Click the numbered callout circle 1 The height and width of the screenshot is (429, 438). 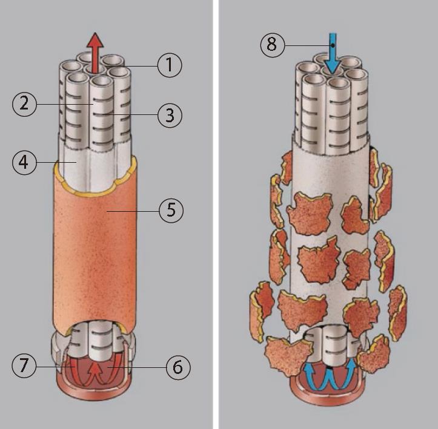[x=170, y=65]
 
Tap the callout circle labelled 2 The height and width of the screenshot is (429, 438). [x=24, y=104]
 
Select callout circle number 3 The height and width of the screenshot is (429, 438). [x=170, y=115]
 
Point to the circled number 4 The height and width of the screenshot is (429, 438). [x=24, y=163]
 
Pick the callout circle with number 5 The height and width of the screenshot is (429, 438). [x=171, y=211]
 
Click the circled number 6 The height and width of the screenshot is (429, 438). [x=178, y=367]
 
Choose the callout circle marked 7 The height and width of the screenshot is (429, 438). [x=24, y=365]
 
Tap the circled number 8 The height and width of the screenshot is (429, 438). [x=273, y=45]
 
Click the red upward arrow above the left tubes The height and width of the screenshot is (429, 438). [x=95, y=53]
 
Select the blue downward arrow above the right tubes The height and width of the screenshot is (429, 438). [x=333, y=54]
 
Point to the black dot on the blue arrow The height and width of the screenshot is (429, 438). [x=333, y=45]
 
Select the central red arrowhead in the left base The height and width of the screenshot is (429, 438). [x=96, y=368]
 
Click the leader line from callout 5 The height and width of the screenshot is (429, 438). [x=133, y=211]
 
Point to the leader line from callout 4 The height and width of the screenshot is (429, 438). [x=57, y=162]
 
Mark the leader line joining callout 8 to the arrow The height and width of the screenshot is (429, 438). [x=309, y=45]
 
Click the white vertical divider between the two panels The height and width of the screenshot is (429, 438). [x=216, y=214]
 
